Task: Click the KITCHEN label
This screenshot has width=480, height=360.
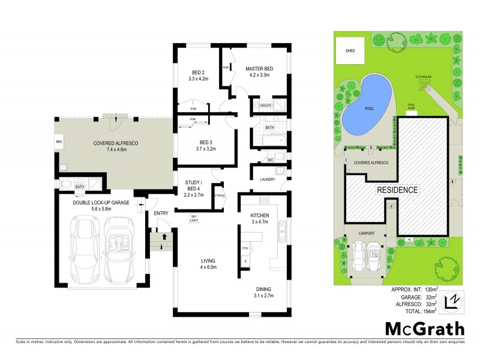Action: (x=260, y=215)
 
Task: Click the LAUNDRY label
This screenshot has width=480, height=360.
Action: (x=267, y=179)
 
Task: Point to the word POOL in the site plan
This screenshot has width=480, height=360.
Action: (x=370, y=109)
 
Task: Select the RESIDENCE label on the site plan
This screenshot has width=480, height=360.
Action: (x=397, y=190)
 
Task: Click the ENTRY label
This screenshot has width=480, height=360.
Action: (x=161, y=213)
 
